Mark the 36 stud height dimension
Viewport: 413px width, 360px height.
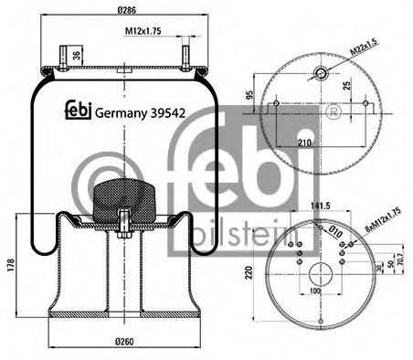77,57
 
